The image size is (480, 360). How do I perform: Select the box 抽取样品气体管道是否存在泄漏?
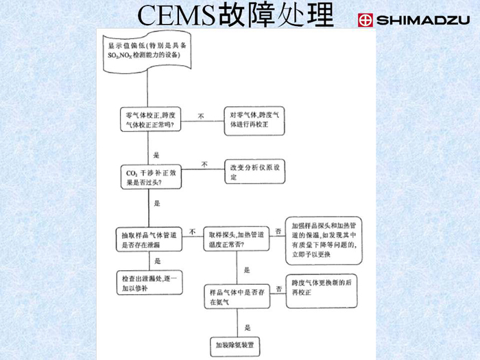pyautogui.click(x=149, y=237)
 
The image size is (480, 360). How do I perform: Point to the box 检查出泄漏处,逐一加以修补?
pyautogui.click(x=149, y=283)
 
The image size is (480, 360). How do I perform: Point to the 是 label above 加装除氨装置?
pyautogui.click(x=248, y=327)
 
